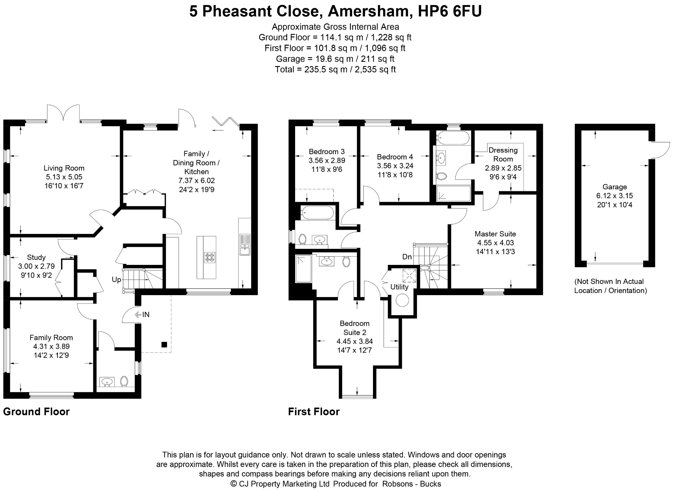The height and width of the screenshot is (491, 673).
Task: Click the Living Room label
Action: click(64, 168)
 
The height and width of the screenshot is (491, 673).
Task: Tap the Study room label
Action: click(36, 257)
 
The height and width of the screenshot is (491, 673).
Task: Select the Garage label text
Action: click(615, 187)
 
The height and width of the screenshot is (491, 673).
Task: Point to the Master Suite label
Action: click(495, 234)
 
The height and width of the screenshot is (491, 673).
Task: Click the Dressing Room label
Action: click(503, 154)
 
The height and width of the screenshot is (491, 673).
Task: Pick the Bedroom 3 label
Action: click(327, 152)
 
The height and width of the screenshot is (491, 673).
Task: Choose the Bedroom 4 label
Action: click(395, 157)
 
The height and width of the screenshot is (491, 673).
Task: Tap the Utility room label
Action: click(399, 287)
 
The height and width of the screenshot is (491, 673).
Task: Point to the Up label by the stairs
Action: click(117, 280)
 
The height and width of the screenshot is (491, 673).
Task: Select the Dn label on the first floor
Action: click(407, 257)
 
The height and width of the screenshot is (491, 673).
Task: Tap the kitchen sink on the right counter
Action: click(245, 245)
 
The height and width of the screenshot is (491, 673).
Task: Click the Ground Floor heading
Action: click(36, 411)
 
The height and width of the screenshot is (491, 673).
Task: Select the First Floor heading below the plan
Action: click(314, 411)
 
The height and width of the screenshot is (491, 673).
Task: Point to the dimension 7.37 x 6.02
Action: click(197, 180)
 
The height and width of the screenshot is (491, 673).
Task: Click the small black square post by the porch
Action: click(164, 345)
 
